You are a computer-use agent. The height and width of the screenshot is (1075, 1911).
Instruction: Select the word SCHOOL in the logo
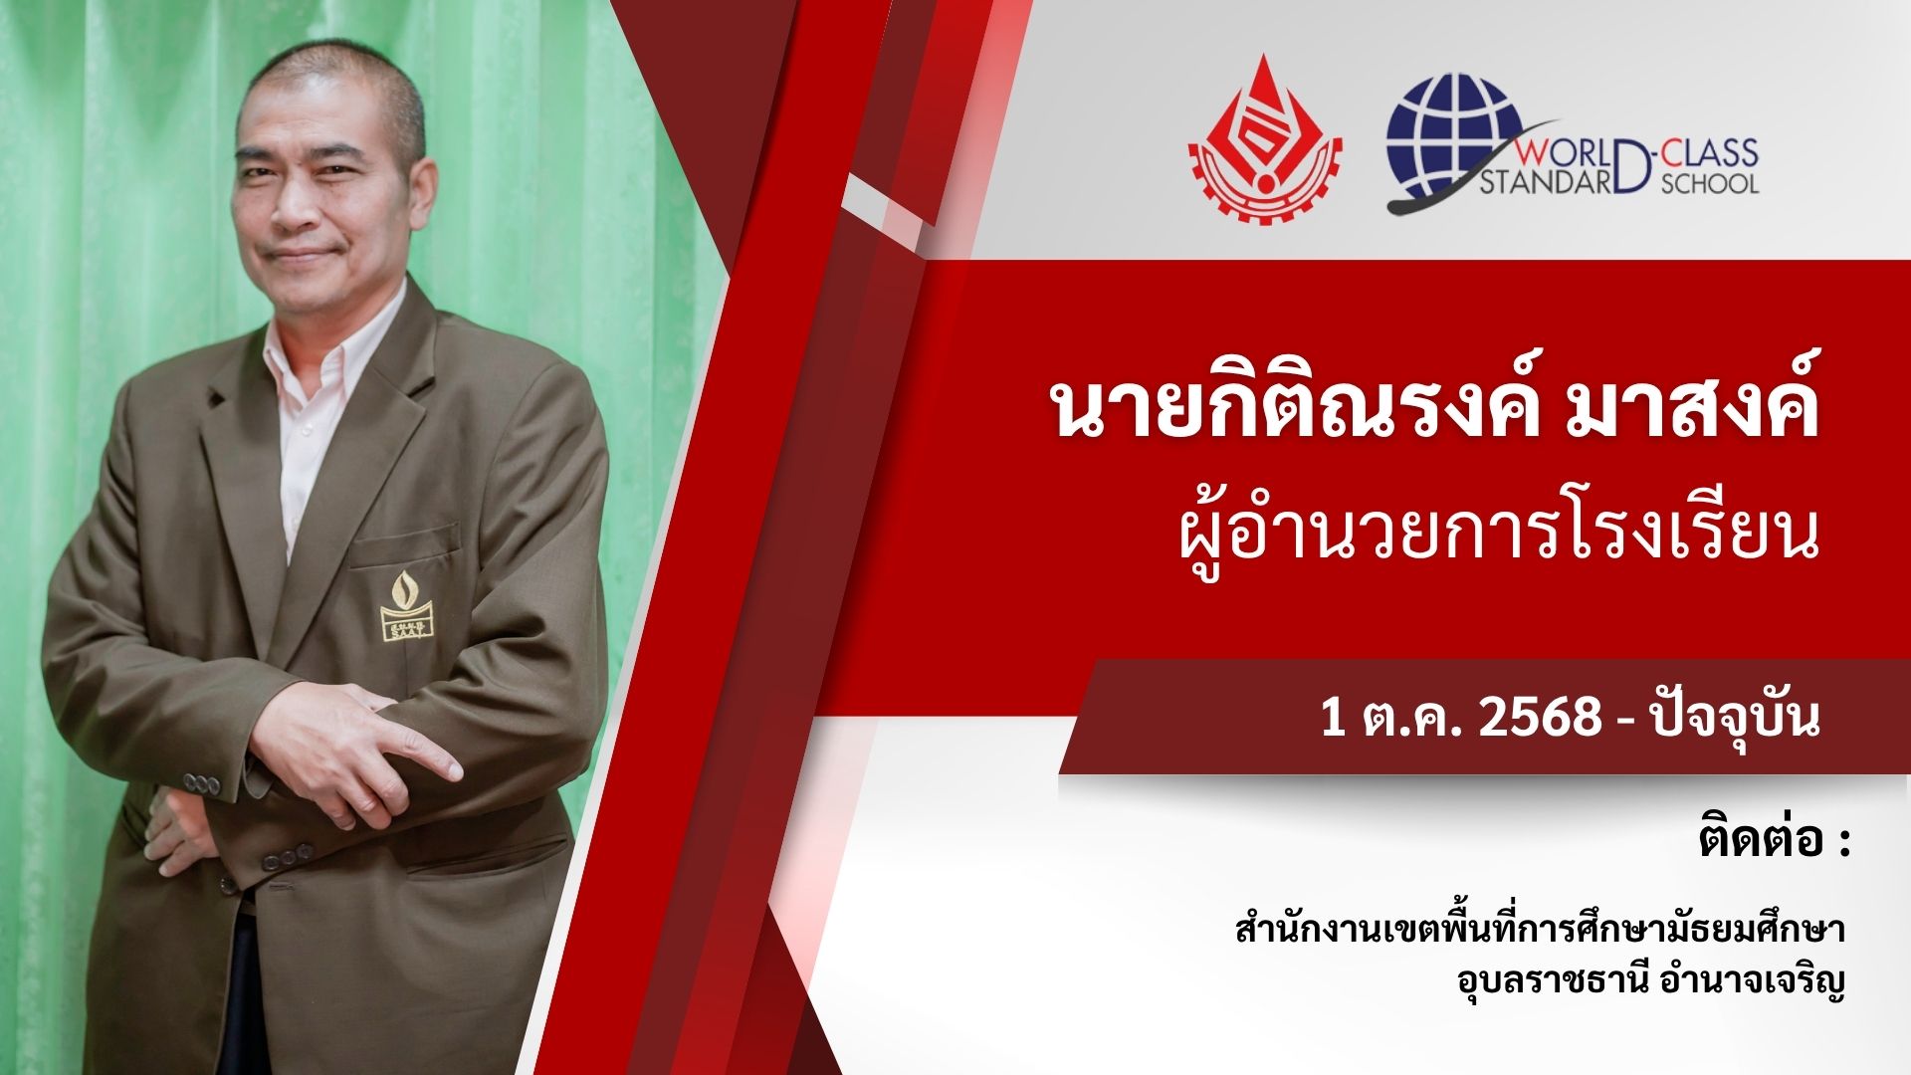point(1710,183)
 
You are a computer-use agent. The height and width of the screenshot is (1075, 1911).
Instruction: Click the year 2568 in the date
point(1539,717)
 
